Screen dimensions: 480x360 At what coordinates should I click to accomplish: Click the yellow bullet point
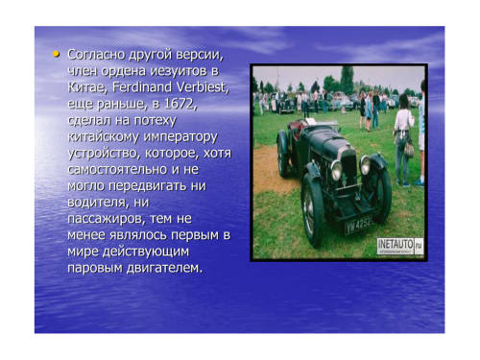coord(57,54)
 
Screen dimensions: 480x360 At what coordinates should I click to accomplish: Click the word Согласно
coord(96,55)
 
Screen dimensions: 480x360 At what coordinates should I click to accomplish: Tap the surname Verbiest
coord(203,87)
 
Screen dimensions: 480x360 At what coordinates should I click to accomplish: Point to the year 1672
coord(180,104)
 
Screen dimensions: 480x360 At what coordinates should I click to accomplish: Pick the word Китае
coord(87,87)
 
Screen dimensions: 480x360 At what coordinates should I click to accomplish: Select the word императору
coord(180,137)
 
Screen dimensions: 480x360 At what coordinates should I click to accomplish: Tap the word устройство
coord(104,154)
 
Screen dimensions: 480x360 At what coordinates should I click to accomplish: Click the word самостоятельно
coord(117,169)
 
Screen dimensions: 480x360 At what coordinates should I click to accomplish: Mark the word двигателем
coord(165,268)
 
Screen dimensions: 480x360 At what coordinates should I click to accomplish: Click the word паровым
coord(95,268)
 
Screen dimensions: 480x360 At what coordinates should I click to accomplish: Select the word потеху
coord(156,121)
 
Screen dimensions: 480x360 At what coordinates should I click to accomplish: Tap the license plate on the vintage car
coord(358,225)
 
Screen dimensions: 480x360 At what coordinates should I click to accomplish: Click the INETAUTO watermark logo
coord(400,247)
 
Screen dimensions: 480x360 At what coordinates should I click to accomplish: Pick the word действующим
coord(146,252)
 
